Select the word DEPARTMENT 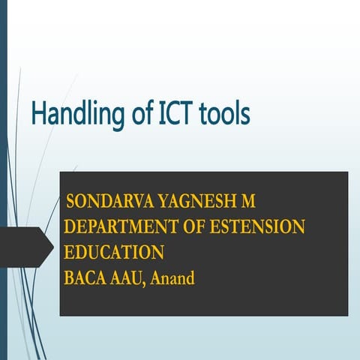132,227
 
